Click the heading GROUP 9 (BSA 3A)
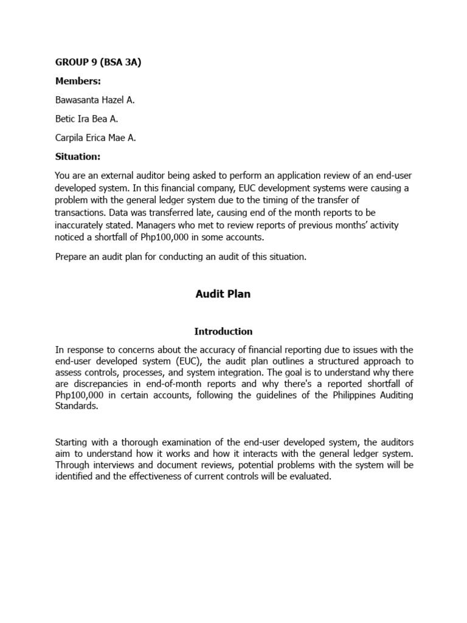click(x=98, y=63)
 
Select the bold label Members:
click(x=78, y=81)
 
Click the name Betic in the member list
click(x=66, y=119)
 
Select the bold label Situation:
click(x=78, y=156)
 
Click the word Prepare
click(x=72, y=256)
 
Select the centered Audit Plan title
click(x=223, y=294)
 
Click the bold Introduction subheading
click(x=223, y=332)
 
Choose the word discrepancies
click(x=101, y=384)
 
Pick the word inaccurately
click(x=85, y=225)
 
